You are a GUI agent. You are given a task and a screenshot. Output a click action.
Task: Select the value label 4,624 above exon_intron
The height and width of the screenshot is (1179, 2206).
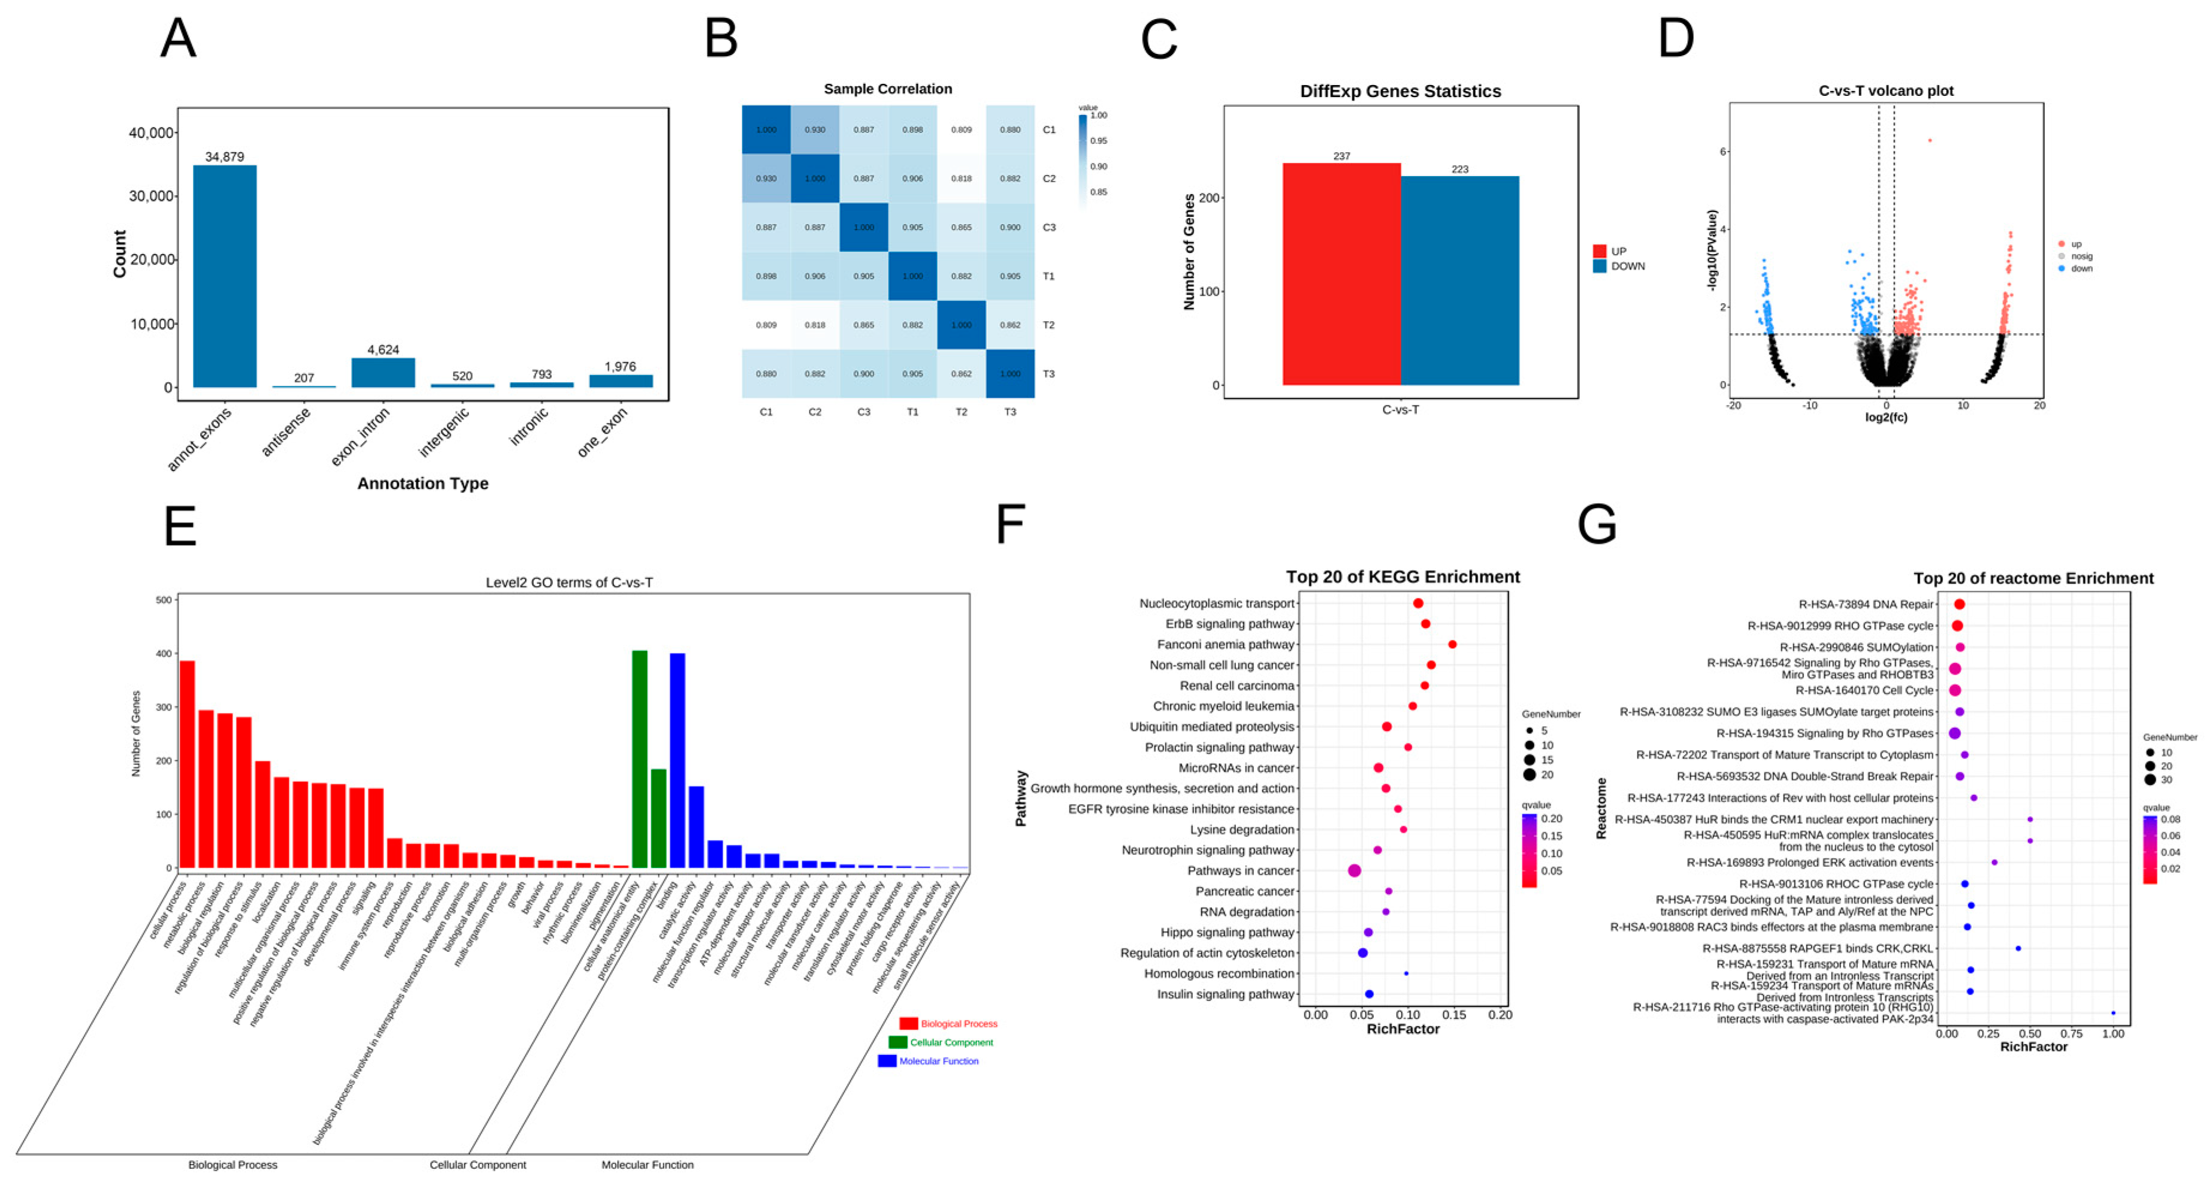coord(383,349)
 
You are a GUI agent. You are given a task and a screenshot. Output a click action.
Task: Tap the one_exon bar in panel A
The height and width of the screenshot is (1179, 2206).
coord(621,381)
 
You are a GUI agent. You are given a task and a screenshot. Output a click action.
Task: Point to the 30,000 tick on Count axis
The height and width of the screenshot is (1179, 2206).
coord(152,196)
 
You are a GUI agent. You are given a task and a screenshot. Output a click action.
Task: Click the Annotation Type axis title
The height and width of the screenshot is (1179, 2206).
coord(422,483)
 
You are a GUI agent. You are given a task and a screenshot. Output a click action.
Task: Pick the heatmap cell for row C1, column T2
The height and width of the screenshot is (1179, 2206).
coord(961,130)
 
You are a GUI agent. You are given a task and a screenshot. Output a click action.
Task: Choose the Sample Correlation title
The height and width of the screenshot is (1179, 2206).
coord(887,89)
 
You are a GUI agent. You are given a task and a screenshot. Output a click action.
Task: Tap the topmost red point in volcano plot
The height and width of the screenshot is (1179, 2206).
coord(1929,140)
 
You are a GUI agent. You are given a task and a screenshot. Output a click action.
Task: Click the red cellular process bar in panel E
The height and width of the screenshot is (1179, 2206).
coord(187,764)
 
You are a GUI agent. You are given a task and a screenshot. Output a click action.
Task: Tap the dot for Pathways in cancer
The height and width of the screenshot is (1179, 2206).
coord(1354,870)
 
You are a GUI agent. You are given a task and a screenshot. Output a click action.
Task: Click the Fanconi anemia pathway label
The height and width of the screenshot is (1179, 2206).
coord(1225,645)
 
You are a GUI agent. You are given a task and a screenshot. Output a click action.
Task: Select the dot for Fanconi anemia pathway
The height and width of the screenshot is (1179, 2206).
coord(1452,645)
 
